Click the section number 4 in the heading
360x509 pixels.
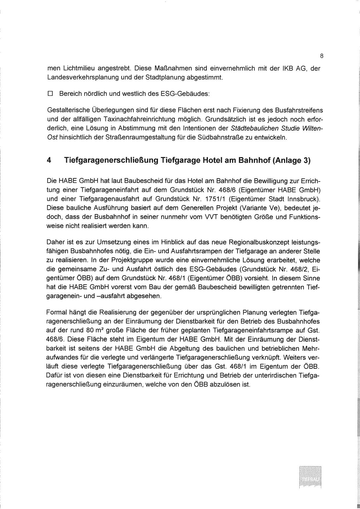tap(49, 160)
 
